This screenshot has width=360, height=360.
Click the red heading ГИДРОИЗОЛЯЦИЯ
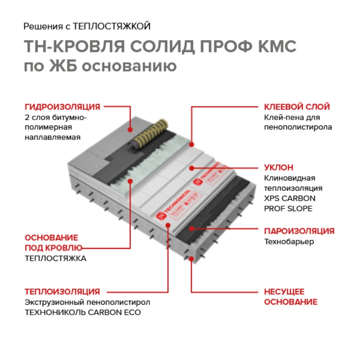click(x=62, y=107)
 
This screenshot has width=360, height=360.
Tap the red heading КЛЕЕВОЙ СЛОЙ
click(x=297, y=107)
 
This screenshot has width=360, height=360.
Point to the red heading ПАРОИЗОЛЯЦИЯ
click(x=299, y=231)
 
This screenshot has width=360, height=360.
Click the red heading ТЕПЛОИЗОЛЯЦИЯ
click(x=62, y=291)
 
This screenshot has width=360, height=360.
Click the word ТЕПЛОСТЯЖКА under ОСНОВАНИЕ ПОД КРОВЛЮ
click(x=55, y=258)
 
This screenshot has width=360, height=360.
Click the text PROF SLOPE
click(x=288, y=208)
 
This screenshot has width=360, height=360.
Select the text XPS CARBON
click(x=289, y=198)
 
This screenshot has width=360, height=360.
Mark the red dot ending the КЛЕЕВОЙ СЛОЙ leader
click(x=192, y=144)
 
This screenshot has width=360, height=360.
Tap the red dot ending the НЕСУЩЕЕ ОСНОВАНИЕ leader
click(x=192, y=259)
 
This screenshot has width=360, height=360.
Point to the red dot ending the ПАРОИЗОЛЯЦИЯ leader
click(x=192, y=231)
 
